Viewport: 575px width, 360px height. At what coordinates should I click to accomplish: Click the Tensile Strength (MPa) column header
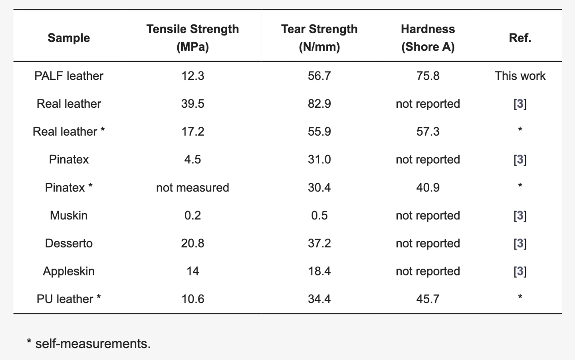pyautogui.click(x=192, y=38)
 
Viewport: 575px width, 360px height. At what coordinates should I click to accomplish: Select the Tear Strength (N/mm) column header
pyautogui.click(x=319, y=38)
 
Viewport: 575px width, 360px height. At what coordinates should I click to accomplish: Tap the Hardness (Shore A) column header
pyautogui.click(x=428, y=38)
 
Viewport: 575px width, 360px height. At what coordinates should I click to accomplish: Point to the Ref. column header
pyautogui.click(x=520, y=38)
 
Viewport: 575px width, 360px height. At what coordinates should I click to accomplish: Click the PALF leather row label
pyautogui.click(x=69, y=76)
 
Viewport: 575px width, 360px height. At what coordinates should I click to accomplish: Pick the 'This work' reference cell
pyautogui.click(x=520, y=76)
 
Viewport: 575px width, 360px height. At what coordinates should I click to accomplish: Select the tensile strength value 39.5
pyautogui.click(x=192, y=104)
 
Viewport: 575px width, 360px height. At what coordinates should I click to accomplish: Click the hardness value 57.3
pyautogui.click(x=428, y=132)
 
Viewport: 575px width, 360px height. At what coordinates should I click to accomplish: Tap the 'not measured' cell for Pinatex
pyautogui.click(x=192, y=188)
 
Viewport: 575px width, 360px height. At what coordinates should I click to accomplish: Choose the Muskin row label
pyautogui.click(x=69, y=216)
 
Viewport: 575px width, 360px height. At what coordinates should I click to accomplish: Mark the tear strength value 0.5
pyautogui.click(x=319, y=216)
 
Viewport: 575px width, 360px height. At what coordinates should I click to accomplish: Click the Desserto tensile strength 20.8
pyautogui.click(x=192, y=243)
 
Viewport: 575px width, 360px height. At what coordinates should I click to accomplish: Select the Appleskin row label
pyautogui.click(x=69, y=271)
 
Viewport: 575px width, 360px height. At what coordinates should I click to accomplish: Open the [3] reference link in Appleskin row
pyautogui.click(x=520, y=271)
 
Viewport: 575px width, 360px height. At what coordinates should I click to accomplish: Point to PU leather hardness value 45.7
pyautogui.click(x=428, y=299)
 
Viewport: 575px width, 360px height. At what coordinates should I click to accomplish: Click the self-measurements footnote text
pyautogui.click(x=89, y=344)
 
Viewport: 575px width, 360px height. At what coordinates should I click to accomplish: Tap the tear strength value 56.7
pyautogui.click(x=319, y=76)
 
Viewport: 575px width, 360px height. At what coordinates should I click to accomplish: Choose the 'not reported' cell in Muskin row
pyautogui.click(x=428, y=216)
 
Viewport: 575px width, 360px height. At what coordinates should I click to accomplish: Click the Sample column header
pyautogui.click(x=69, y=38)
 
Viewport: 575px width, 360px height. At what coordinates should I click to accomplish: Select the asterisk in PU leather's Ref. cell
pyautogui.click(x=520, y=297)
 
